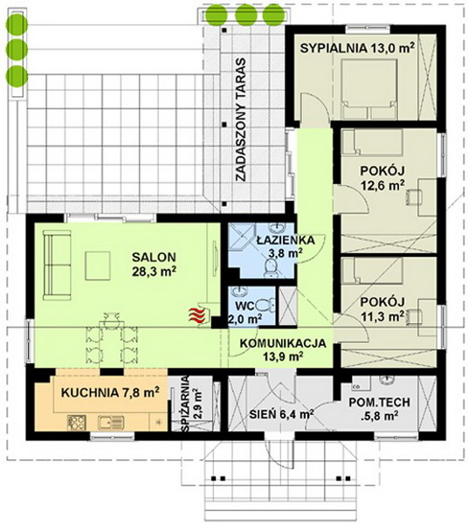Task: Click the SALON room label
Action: pyautogui.click(x=154, y=257)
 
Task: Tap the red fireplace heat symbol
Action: pyautogui.click(x=198, y=315)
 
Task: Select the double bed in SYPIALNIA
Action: pyautogui.click(x=369, y=89)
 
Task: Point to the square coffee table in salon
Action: pyautogui.click(x=98, y=265)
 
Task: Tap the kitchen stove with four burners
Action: pyautogui.click(x=77, y=423)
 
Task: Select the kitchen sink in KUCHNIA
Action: pyautogui.click(x=111, y=423)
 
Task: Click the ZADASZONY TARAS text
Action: pyautogui.click(x=240, y=120)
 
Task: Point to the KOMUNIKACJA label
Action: pyautogui.click(x=283, y=343)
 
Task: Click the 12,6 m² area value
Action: pyautogui.click(x=382, y=185)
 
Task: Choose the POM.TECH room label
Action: pyautogui.click(x=379, y=403)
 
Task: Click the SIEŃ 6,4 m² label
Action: pyautogui.click(x=281, y=415)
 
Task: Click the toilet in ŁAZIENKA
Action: pyautogui.click(x=271, y=268)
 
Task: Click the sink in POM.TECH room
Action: pyautogui.click(x=387, y=381)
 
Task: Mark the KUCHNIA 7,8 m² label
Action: pyautogui.click(x=110, y=392)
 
